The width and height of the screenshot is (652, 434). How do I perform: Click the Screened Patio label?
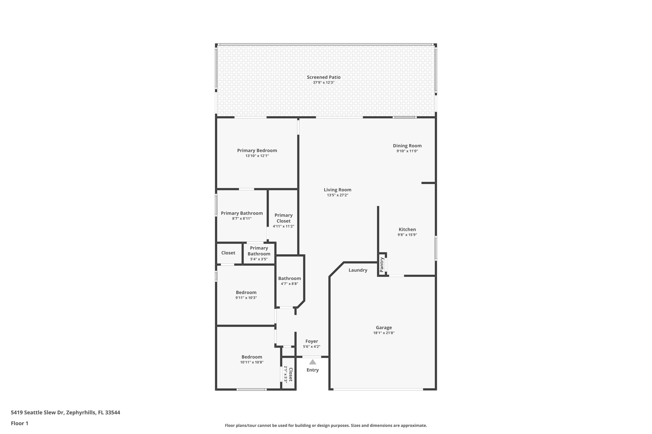[x=323, y=77]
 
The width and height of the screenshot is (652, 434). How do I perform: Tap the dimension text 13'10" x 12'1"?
[x=257, y=156]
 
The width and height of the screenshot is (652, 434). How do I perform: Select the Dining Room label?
[x=407, y=146]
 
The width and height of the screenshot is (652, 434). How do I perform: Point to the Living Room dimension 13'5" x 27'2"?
[x=337, y=195]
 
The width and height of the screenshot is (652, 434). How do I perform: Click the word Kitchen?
[x=407, y=230]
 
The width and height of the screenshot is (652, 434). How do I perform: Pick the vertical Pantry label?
[x=382, y=265]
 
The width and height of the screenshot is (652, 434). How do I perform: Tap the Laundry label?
[x=358, y=270]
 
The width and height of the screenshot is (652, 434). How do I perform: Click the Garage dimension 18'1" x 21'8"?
[x=384, y=333]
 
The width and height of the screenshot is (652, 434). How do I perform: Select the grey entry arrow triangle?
[x=313, y=362]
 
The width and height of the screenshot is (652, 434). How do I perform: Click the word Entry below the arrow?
[x=313, y=370]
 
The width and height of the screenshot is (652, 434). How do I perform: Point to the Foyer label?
[x=312, y=341]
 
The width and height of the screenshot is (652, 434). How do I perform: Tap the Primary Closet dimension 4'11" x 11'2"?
[x=283, y=226]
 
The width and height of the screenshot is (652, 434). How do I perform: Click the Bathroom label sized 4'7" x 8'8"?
[x=289, y=279]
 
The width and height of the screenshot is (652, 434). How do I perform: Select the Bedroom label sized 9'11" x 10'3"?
[x=246, y=293]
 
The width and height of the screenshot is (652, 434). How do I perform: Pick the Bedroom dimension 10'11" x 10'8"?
[x=252, y=362]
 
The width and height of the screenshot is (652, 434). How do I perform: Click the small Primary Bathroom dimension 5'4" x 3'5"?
[x=259, y=259]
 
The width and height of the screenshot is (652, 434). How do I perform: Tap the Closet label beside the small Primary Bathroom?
[x=228, y=253]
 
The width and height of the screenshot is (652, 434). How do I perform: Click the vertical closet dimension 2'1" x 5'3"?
[x=286, y=374]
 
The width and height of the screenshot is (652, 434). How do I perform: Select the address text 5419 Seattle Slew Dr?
[x=38, y=412]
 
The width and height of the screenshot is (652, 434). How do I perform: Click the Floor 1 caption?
[x=20, y=423]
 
